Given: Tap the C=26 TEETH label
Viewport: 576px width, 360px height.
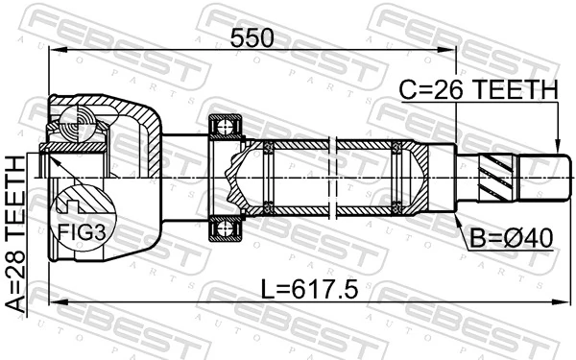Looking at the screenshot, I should click(477, 89).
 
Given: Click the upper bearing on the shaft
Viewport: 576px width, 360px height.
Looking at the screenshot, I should click(227, 126).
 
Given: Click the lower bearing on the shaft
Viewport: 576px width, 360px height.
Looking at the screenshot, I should click(227, 228).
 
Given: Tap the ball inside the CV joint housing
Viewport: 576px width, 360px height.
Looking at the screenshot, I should click(74, 122).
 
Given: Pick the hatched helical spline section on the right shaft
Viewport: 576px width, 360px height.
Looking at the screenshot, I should click(498, 176).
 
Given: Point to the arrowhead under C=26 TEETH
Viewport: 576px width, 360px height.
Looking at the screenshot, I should click(558, 148).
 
